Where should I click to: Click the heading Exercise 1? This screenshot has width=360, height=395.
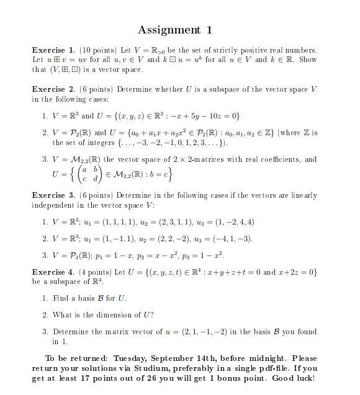click(54, 50)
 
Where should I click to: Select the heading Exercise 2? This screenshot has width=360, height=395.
click(54, 89)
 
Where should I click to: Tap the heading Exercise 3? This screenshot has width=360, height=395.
click(54, 195)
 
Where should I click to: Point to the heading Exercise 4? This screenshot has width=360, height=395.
click(54, 272)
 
